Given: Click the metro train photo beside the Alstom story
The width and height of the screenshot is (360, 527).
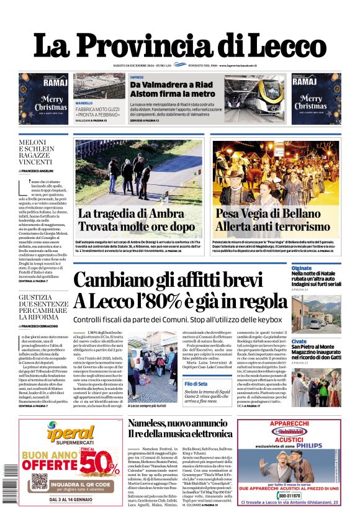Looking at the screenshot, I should tap(253, 97).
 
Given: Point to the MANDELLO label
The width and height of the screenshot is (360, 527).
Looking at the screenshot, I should tap(84, 103).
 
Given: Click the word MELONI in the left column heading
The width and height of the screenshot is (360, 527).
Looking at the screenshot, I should tap(32, 142).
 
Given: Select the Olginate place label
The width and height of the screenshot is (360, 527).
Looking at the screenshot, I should tap(302, 268).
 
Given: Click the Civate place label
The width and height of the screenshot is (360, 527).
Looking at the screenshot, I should tap(299, 341).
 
